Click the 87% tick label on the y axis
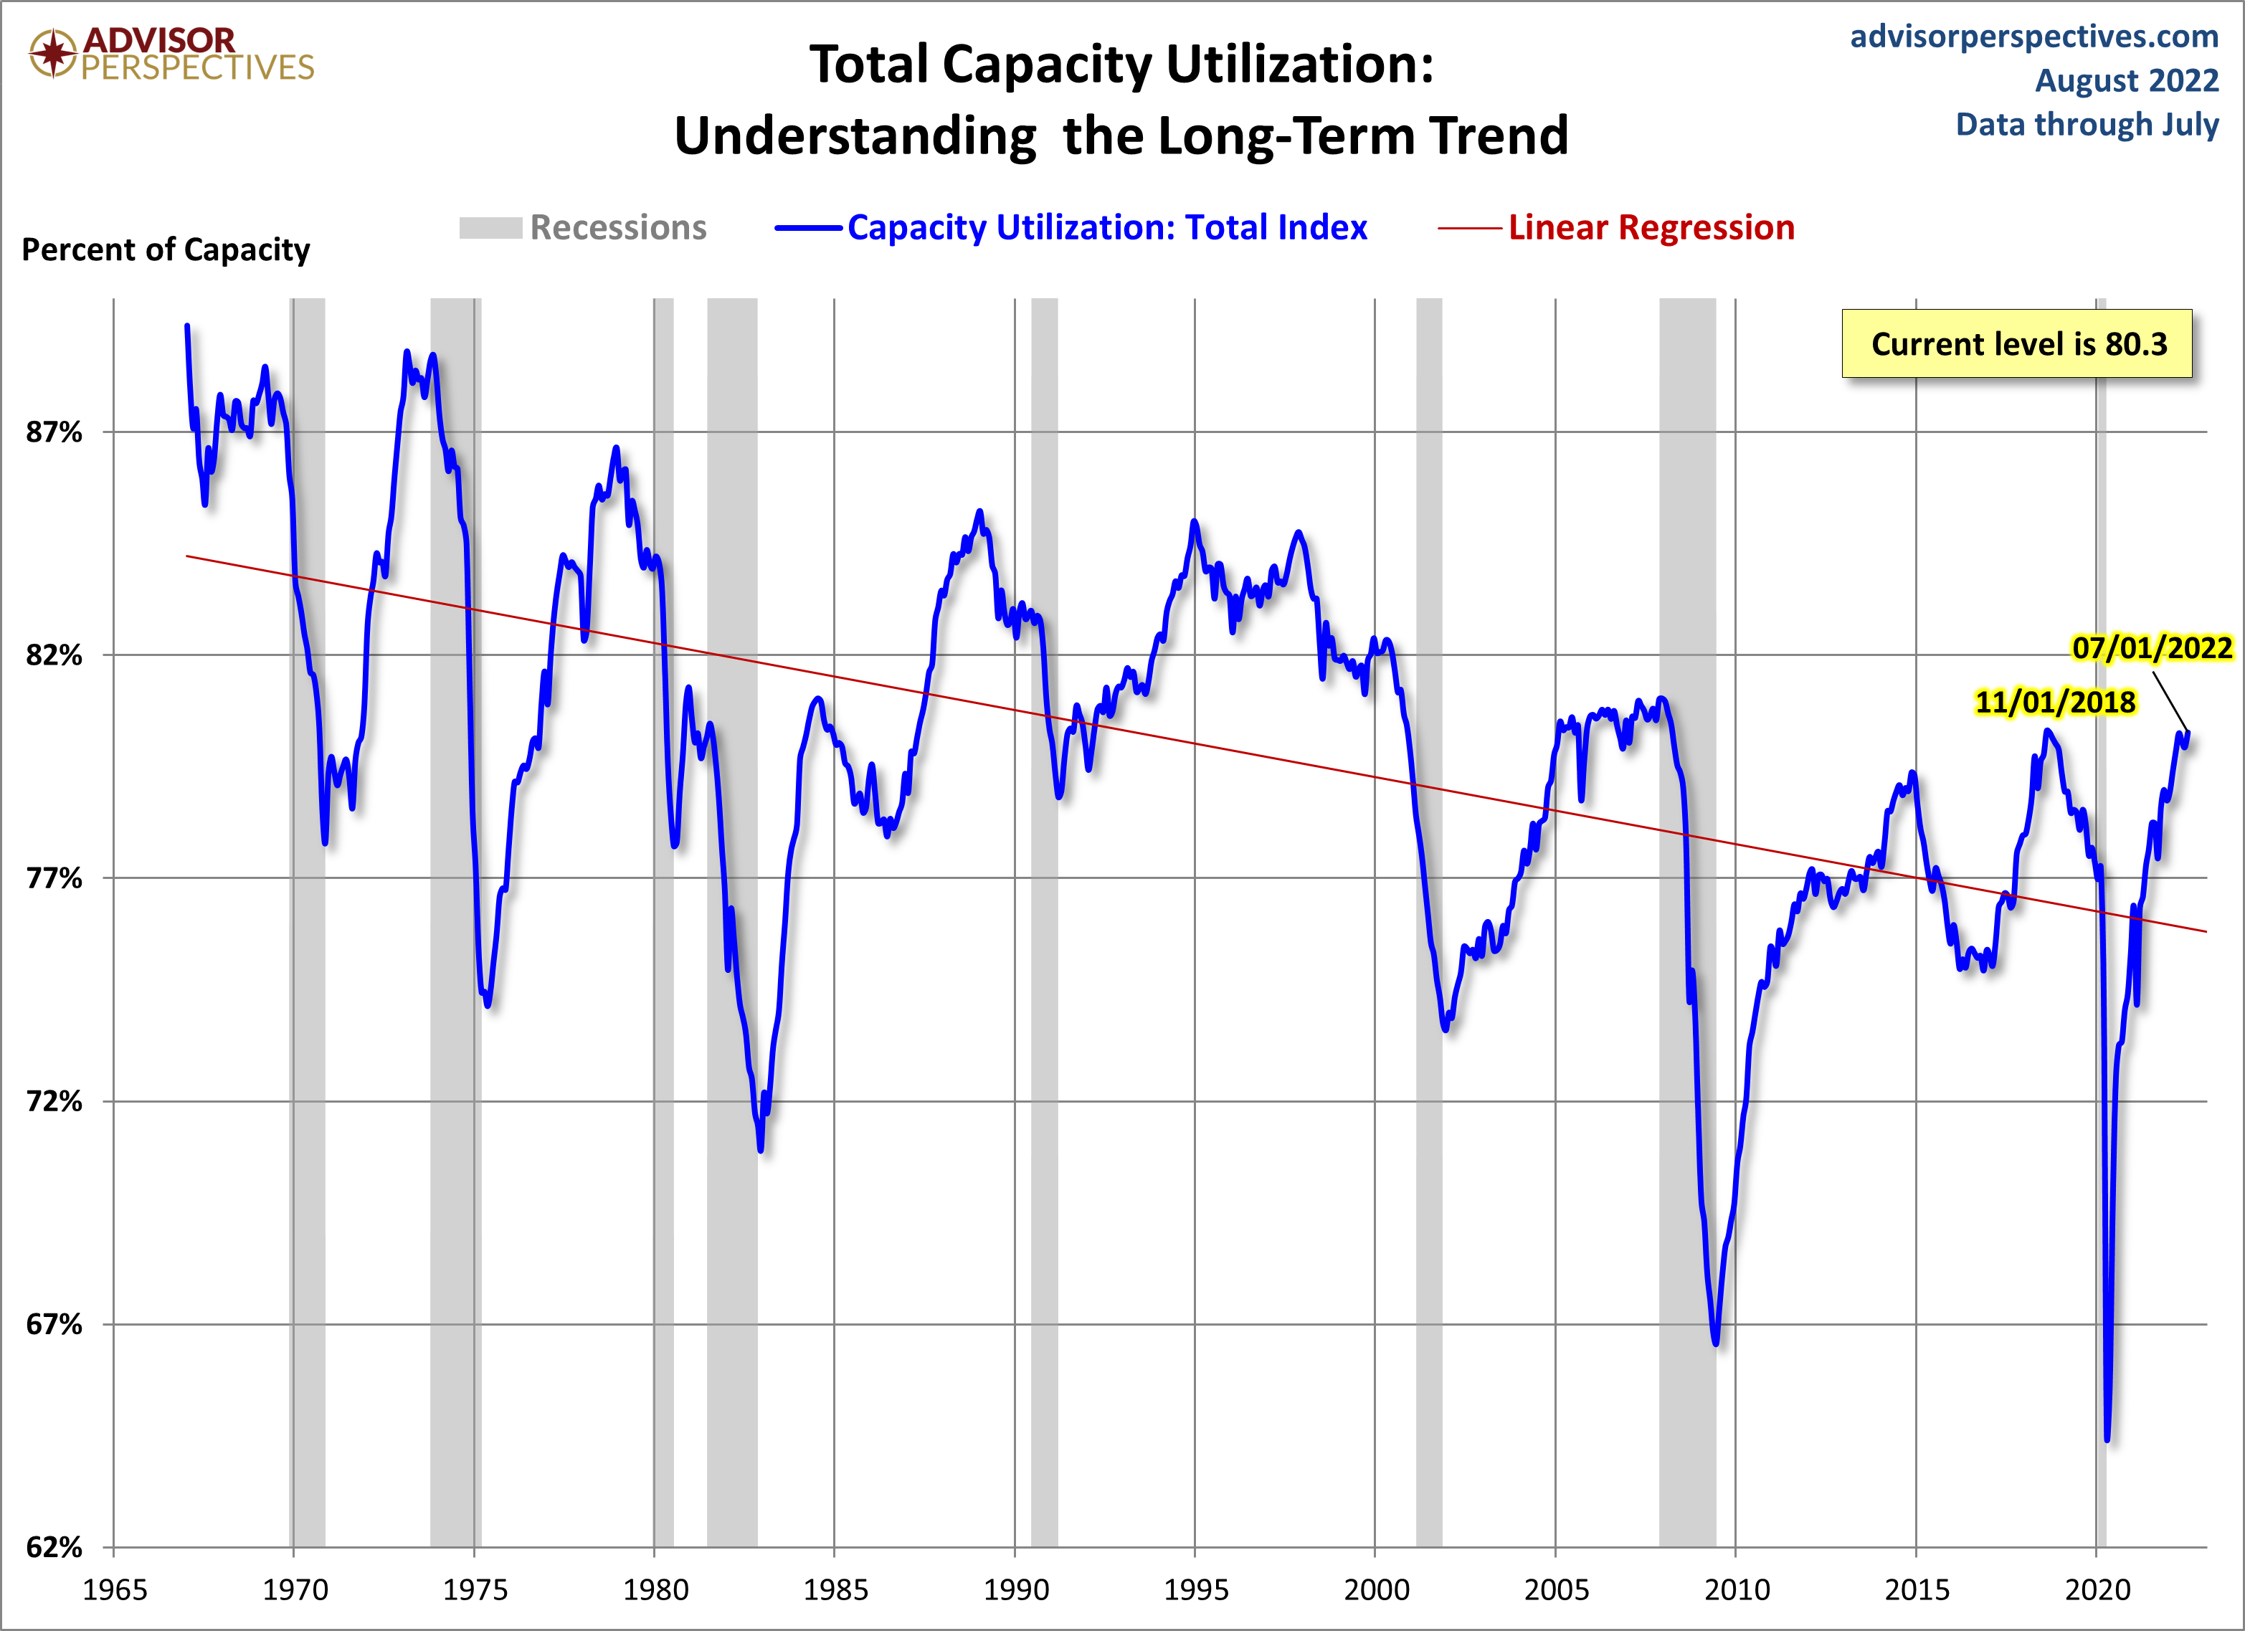coord(54,432)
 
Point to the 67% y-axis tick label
coord(54,1324)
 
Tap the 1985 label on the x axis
coord(835,1589)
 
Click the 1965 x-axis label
coord(114,1589)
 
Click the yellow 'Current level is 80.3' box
coord(2016,344)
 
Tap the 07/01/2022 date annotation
coord(2152,648)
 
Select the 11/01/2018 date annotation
coord(2055,702)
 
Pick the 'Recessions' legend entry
coord(617,228)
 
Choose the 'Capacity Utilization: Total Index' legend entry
coord(1106,228)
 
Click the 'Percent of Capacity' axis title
coord(166,249)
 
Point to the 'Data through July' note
coord(2087,125)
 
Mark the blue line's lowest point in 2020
coord(2107,1438)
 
